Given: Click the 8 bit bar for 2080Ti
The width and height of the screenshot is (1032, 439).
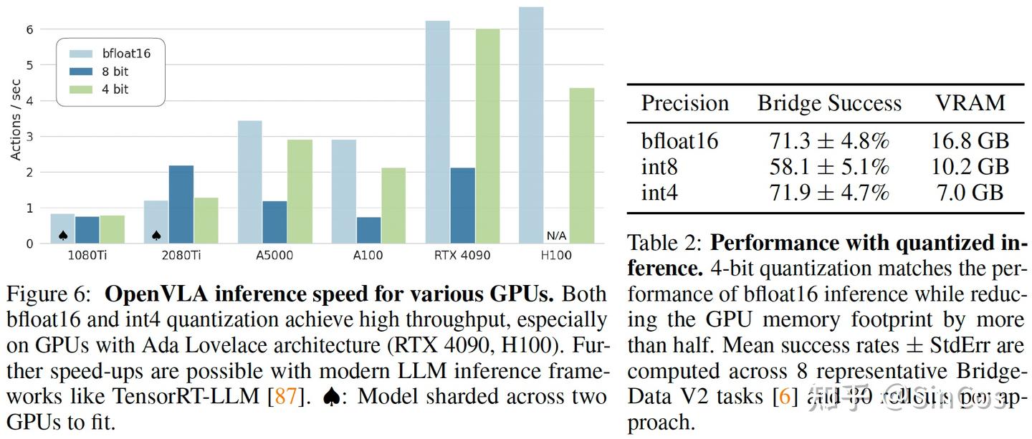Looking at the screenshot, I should [x=181, y=205].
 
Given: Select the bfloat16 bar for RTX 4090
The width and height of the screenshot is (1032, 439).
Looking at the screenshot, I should [x=437, y=132].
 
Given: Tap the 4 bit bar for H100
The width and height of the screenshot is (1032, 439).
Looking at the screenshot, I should [x=581, y=165].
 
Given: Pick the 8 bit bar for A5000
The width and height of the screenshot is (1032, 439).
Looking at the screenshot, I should [x=274, y=222].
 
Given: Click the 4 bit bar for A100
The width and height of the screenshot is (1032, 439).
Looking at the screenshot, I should [x=393, y=206].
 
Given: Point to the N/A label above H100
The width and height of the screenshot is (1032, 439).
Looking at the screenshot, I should [x=556, y=236].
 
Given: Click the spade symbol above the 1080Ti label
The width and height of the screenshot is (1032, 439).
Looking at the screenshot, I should [x=63, y=236].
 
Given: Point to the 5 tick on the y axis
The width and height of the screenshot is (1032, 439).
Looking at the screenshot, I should [x=29, y=65].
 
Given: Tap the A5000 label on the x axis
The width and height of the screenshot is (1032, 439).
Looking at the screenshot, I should [x=274, y=256].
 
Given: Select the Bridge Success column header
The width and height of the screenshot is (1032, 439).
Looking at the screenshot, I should [x=829, y=104].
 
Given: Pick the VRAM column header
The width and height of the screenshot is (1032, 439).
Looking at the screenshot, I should [x=970, y=103].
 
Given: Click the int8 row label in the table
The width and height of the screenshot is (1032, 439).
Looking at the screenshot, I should [x=659, y=167].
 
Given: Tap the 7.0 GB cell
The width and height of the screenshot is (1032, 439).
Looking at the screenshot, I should [x=970, y=193].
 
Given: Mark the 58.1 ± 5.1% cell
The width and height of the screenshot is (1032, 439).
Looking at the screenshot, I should [x=828, y=167].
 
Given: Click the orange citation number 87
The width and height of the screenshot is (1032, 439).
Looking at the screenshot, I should [x=285, y=395].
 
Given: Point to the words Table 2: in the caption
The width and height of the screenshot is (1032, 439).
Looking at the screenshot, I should [x=664, y=243].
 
